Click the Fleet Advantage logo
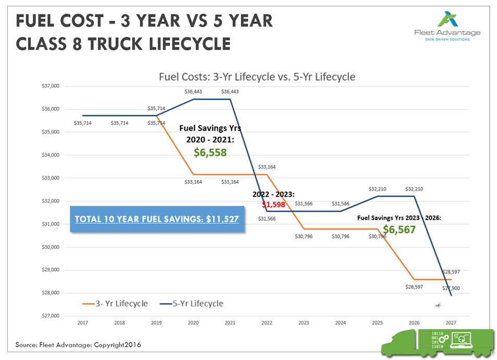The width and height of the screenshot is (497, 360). click(447, 26)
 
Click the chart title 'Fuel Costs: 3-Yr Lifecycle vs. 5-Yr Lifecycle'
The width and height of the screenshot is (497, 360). click(257, 77)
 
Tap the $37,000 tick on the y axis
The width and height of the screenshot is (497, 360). click(51, 86)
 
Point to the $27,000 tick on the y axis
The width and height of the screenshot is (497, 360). click(51, 316)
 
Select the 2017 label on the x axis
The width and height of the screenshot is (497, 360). click(82, 323)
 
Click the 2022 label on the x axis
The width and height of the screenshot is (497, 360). click(266, 323)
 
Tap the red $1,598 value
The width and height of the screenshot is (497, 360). click(273, 205)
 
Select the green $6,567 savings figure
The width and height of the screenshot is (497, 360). click(399, 230)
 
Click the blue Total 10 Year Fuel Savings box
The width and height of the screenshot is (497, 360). click(157, 219)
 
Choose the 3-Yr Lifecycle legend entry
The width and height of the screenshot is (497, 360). click(115, 304)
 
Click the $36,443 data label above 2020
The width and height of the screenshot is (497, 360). click(193, 91)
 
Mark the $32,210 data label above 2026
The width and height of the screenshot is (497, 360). click(414, 189)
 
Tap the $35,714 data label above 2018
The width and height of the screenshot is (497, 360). click(119, 123)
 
